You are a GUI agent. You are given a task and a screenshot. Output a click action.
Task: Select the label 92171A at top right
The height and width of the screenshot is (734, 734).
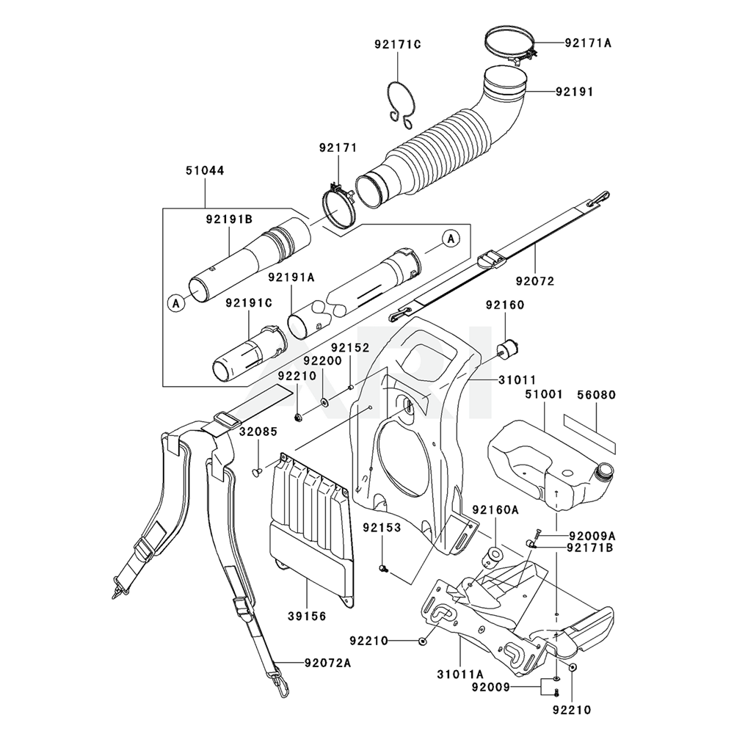coord(588,43)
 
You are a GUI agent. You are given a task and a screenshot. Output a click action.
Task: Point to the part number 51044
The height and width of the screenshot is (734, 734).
coord(204,170)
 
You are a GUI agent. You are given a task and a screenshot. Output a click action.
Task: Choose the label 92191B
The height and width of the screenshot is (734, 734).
coord(229,218)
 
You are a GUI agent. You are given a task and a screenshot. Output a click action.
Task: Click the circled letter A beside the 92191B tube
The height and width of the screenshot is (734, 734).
coord(175,302)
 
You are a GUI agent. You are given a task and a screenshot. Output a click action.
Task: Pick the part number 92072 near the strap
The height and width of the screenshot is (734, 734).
coord(535,281)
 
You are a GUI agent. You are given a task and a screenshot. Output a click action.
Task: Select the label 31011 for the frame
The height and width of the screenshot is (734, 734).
coord(501,379)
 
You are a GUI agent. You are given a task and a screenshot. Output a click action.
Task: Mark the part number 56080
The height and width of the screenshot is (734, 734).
coord(595,395)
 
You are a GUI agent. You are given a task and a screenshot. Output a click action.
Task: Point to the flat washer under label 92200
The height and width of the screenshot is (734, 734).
coord(324,401)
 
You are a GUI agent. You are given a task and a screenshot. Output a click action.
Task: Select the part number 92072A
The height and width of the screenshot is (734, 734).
coord(327,664)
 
